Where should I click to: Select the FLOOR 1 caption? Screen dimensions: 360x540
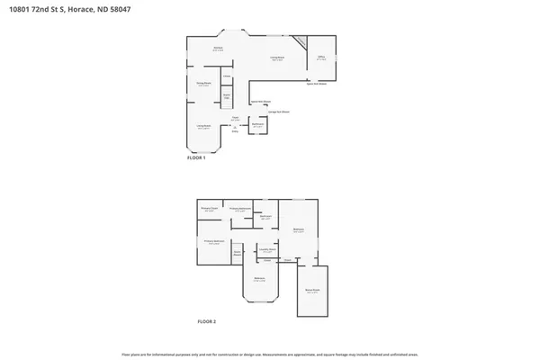point(196,157)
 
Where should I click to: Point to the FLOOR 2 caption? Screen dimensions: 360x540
point(207,321)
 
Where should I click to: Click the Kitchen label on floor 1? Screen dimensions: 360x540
point(218,49)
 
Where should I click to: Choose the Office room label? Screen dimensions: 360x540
point(321,58)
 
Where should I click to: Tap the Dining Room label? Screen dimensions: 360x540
point(203,84)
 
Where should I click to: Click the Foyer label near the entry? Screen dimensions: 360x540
point(235,118)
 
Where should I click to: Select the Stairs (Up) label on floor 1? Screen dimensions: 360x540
point(228,95)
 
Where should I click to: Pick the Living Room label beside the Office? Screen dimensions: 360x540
point(278,58)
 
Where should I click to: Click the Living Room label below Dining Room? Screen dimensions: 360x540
point(204,127)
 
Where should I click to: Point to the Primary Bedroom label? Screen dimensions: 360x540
point(213,242)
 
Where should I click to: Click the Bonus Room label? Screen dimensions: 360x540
point(312,291)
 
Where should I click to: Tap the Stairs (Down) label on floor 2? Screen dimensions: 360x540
point(238,253)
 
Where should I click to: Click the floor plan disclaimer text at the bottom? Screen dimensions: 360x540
point(270,352)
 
